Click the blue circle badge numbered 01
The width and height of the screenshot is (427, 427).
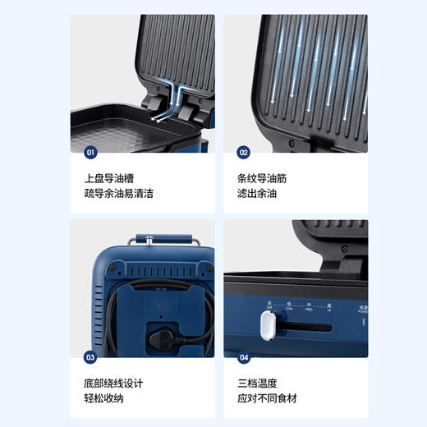90,152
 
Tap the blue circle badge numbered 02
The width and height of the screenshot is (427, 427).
243,152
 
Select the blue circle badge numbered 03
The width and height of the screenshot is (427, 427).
90,357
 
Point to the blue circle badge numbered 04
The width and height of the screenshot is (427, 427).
243,357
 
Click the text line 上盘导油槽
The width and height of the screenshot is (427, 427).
106,177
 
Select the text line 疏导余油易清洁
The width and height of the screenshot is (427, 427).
118,194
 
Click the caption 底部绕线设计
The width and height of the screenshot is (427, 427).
112,383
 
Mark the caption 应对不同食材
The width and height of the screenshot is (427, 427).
266,399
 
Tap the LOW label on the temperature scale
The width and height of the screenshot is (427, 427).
288,310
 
